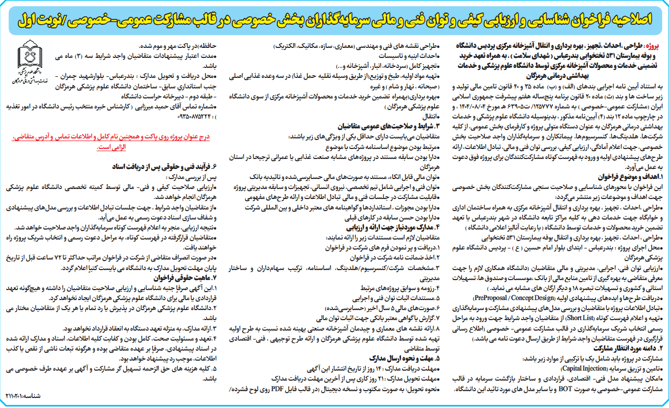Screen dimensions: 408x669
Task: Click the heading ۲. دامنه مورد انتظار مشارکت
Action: (x=627, y=348)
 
